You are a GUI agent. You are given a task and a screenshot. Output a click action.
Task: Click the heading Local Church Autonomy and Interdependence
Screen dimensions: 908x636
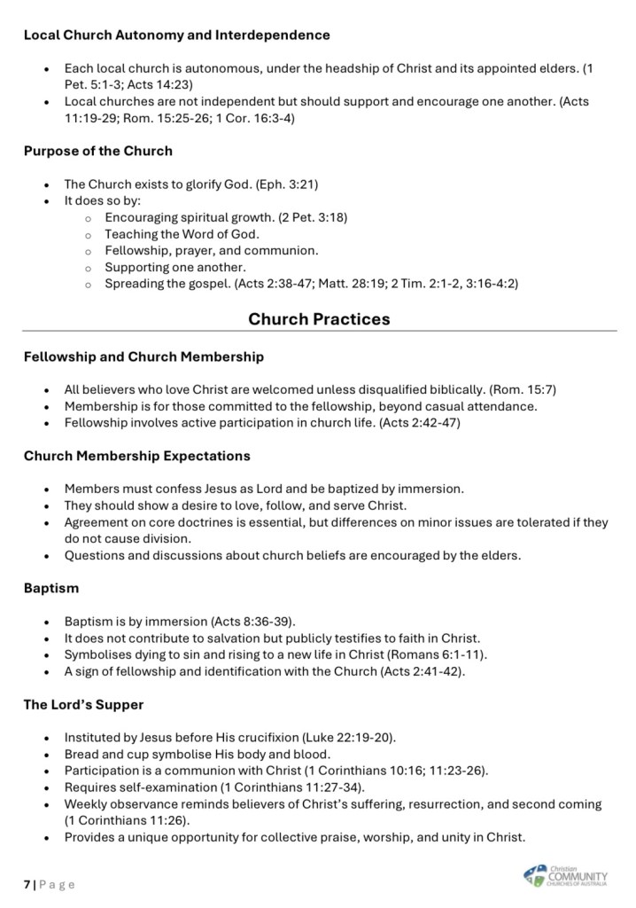[176, 35]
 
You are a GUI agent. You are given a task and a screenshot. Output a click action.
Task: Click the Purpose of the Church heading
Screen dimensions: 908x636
[97, 151]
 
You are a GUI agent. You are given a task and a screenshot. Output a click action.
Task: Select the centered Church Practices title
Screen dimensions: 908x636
[319, 319]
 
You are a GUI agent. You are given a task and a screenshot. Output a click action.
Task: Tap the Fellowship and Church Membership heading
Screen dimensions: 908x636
[143, 356]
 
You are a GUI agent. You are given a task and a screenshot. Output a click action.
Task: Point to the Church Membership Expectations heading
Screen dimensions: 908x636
[136, 456]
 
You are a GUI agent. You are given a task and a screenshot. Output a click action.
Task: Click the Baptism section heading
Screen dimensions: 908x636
[51, 588]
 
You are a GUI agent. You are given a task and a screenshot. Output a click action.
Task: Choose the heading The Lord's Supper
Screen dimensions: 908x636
[83, 704]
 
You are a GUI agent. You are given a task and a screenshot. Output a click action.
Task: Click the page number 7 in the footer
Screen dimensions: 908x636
[27, 884]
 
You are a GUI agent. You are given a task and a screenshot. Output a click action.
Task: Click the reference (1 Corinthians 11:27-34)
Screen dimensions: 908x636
[285, 787]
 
